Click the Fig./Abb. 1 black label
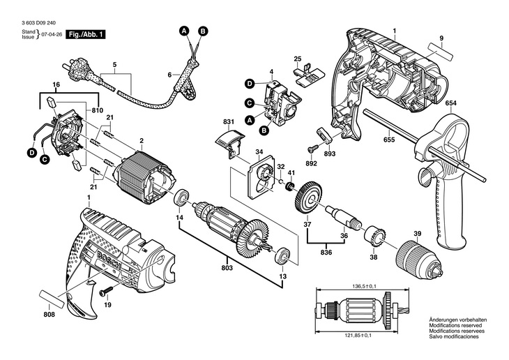pos(86,34)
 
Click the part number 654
pos(450,103)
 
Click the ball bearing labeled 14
pos(181,198)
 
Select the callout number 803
pos(227,268)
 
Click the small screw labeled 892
pos(312,149)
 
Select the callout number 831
pos(229,122)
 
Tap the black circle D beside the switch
pos(250,84)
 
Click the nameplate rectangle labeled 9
pos(440,52)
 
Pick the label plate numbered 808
pos(52,299)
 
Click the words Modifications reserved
pos(455,325)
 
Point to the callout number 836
pos(326,253)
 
